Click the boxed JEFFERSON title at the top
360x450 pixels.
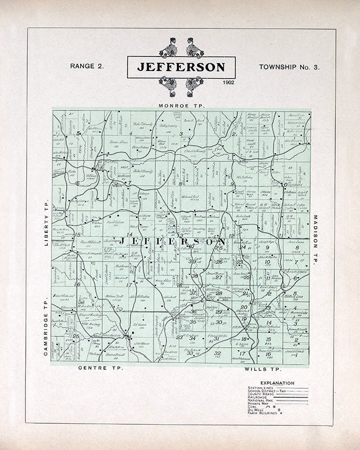point(181,67)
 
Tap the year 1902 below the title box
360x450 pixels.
point(229,82)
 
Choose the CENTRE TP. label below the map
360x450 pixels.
point(99,369)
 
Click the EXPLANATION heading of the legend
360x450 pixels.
point(277,383)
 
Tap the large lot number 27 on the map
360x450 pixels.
point(219,277)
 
